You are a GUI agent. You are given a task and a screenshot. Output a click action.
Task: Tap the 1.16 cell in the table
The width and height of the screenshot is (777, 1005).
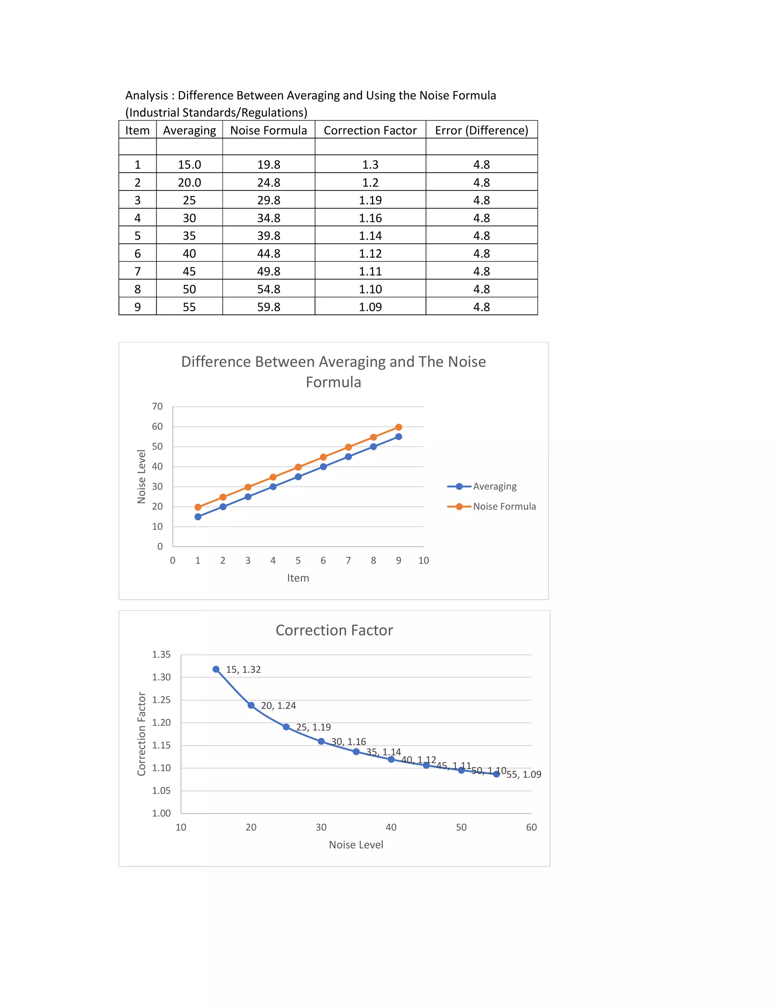point(370,218)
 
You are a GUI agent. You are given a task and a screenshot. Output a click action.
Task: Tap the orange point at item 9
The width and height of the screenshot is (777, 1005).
point(399,427)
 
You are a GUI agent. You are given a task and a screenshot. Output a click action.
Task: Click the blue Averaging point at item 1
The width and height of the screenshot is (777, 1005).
point(198,517)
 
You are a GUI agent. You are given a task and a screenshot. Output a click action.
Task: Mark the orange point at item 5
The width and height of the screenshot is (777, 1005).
point(298,467)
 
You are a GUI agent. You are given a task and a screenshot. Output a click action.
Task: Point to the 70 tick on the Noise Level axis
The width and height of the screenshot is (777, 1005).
point(157,406)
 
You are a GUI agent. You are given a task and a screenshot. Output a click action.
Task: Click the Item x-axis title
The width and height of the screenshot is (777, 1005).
point(298,578)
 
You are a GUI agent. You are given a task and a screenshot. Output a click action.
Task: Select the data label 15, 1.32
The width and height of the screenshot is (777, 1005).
point(243,669)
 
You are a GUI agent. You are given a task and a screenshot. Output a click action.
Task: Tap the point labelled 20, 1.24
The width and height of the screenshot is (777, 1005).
point(251,705)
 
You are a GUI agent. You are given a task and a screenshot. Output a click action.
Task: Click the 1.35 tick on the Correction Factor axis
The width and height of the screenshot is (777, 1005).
point(161,654)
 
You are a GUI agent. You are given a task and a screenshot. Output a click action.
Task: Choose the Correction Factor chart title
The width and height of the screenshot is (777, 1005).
point(334,630)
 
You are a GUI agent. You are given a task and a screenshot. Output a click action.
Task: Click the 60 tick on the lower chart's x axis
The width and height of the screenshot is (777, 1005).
point(531,828)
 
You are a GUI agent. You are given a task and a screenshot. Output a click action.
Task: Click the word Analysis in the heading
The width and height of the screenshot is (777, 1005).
point(146,95)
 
